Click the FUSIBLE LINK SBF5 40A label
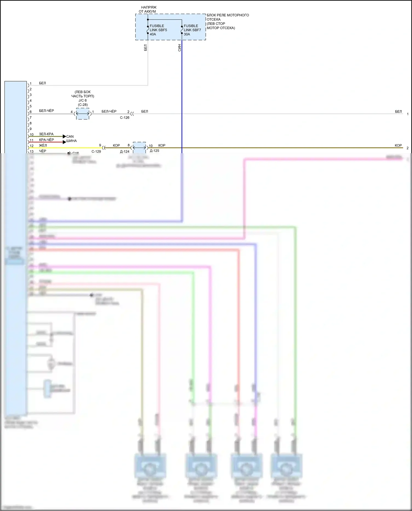(158, 30)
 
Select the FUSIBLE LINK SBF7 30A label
(192, 30)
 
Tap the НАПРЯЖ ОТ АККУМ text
(147, 9)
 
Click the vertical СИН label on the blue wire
(179, 48)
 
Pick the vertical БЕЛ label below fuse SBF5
(145, 48)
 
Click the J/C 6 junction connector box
(83, 113)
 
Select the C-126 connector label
(124, 118)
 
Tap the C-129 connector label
(96, 151)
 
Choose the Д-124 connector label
(124, 151)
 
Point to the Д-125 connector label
(154, 151)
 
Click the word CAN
(70, 136)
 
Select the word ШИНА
(71, 141)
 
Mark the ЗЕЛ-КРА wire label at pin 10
(46, 134)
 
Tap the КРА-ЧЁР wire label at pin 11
(46, 140)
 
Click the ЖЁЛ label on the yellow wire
(43, 145)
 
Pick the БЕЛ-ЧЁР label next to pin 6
(46, 111)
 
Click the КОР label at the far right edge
(398, 145)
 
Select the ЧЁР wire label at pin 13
(43, 151)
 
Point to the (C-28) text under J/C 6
(83, 105)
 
